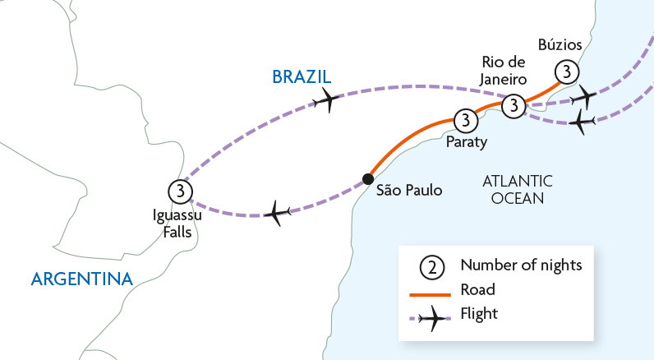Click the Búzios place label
pos(560,44)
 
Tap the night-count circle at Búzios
pos(567,72)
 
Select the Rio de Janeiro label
pos(503,71)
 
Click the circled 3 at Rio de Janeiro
pos(514,105)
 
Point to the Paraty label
pos(467,142)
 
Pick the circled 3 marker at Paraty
pos(465,121)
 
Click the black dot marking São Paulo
pos(368,179)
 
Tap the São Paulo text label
pos(409,190)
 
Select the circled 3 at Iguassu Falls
pos(180,192)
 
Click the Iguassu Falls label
pos(177,224)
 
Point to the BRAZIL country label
pos(302,76)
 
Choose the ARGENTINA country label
pos(82,279)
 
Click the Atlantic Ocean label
pos(518,189)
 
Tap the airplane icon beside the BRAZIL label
pos(326,99)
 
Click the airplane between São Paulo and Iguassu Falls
pos(277,213)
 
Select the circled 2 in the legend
pos(432,267)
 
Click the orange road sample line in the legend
pos(431,294)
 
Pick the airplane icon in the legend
pos(432,318)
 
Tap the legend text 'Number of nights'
pos(522,265)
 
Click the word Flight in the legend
pos(479,313)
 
